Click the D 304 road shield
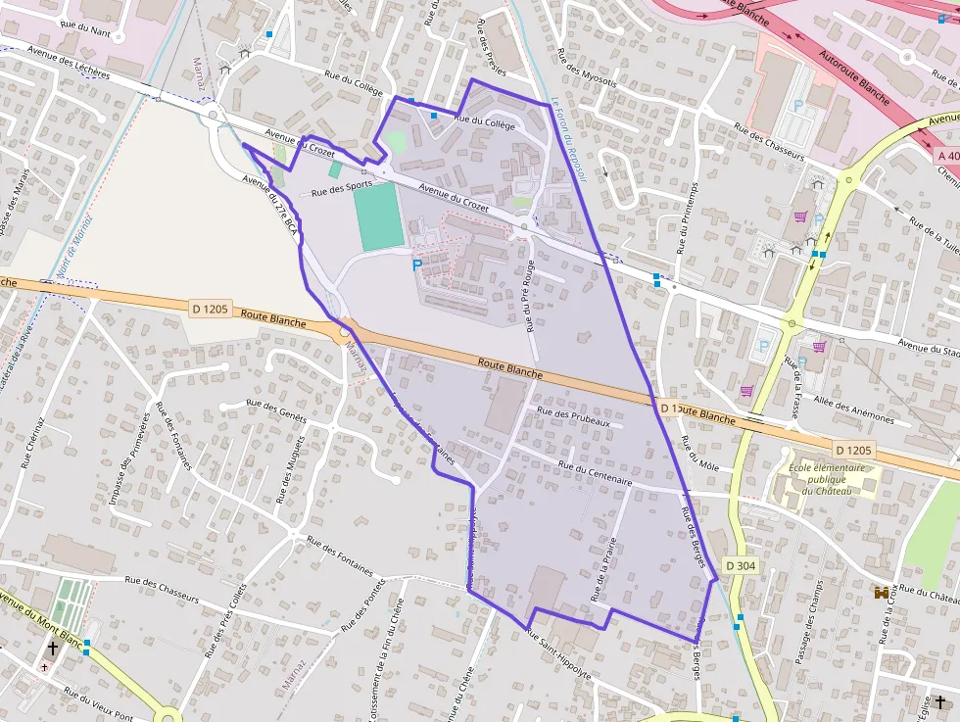click(x=741, y=566)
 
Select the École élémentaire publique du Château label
click(x=828, y=479)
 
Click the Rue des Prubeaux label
click(x=582, y=417)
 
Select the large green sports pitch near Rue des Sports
click(x=379, y=216)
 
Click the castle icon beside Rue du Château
click(x=883, y=594)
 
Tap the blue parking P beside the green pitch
click(x=417, y=265)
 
